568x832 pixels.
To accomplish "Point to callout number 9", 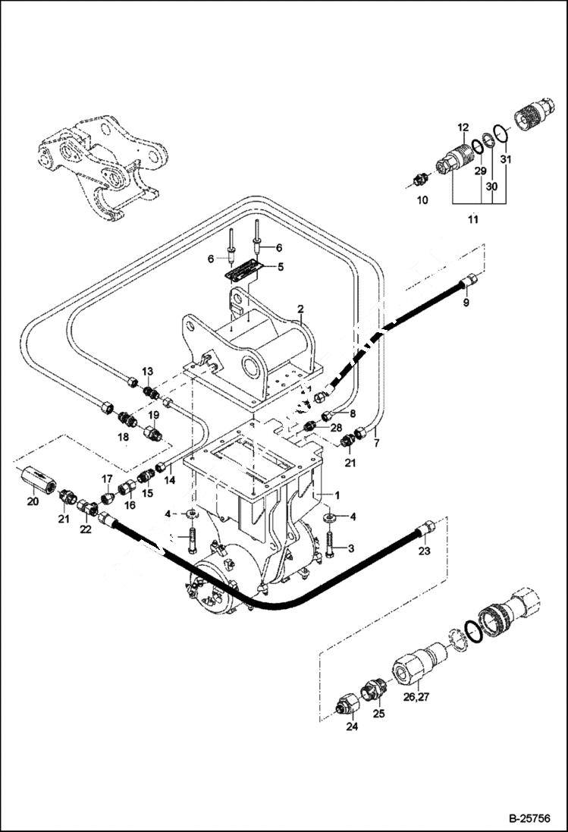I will coord(466,303).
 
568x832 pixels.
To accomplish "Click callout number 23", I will coord(425,551).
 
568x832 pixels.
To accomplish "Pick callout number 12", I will coord(463,127).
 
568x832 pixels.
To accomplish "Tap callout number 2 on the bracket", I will coord(300,309).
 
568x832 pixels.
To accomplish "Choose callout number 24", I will coord(352,726).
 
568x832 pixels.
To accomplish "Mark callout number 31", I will coord(506,159).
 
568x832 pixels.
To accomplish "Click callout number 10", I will coord(422,200).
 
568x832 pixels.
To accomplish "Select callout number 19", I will coord(154,415).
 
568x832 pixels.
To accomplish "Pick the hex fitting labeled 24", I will coord(347,706).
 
